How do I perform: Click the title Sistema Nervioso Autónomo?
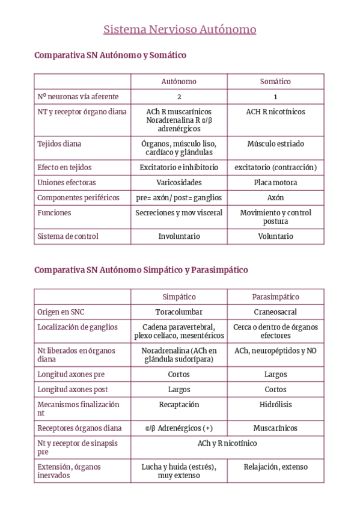pos(180,29)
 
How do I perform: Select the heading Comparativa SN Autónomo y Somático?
pos(111,55)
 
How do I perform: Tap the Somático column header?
pos(275,81)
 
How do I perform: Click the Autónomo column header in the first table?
pos(178,81)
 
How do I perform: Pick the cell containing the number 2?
pos(179,96)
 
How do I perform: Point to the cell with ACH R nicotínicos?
pos(275,112)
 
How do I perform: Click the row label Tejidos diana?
pos(59,144)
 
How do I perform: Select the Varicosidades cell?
pos(179,182)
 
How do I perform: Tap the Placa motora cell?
pos(275,182)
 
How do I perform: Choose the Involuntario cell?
pos(179,236)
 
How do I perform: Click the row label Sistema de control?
pos(68,236)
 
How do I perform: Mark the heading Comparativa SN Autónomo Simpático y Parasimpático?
pos(141,270)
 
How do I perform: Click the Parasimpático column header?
pos(275,296)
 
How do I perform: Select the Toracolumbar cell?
pos(179,312)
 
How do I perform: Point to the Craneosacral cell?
pos(275,312)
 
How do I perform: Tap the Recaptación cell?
pos(179,405)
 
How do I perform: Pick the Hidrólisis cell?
pos(275,405)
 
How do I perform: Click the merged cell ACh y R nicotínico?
pos(227,443)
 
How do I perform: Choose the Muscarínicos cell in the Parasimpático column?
pos(275,428)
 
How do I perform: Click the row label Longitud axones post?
pos(73,389)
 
